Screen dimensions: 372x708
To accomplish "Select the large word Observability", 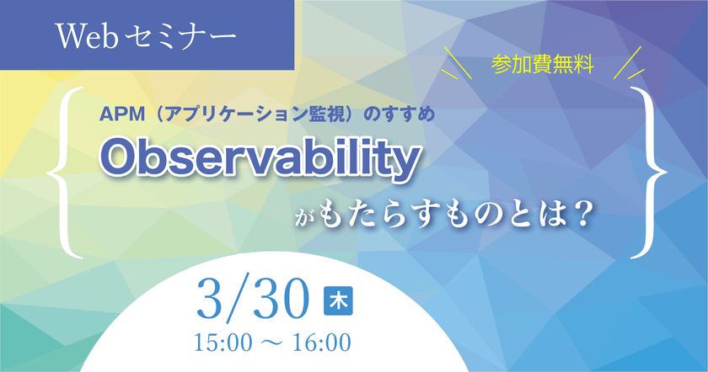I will [x=259, y=158].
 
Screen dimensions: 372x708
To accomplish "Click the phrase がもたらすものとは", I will [x=426, y=214].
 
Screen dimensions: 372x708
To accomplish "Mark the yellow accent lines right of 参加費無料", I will [x=628, y=64].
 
